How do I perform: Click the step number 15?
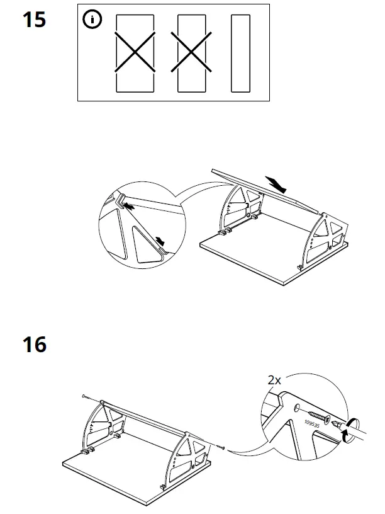click(35, 20)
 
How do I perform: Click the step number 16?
click(35, 345)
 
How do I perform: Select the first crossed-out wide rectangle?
click(135, 54)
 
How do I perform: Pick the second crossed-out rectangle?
click(193, 54)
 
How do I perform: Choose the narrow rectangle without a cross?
click(241, 54)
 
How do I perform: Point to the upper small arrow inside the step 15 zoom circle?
click(128, 205)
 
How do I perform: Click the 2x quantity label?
click(274, 380)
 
